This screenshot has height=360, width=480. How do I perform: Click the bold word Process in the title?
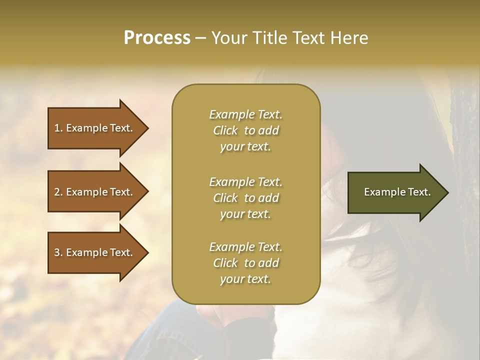point(157,38)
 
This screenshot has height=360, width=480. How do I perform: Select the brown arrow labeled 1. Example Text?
point(95,128)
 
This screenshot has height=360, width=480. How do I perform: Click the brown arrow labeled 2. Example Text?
point(95,192)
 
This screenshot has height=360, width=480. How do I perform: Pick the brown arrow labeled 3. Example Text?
point(95,252)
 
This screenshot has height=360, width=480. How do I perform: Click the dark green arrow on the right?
point(395,192)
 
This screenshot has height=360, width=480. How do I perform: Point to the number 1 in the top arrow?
point(57,128)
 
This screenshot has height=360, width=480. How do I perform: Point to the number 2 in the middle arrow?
point(57,192)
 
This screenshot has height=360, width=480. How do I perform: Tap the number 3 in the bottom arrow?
point(57,252)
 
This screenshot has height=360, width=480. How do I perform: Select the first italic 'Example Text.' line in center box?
point(245,114)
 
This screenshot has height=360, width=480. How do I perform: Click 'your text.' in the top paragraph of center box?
point(245,147)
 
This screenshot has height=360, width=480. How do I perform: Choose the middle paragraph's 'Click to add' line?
point(245,198)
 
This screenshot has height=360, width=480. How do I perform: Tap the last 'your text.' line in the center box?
point(245,279)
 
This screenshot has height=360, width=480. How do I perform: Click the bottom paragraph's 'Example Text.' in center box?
point(245,247)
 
